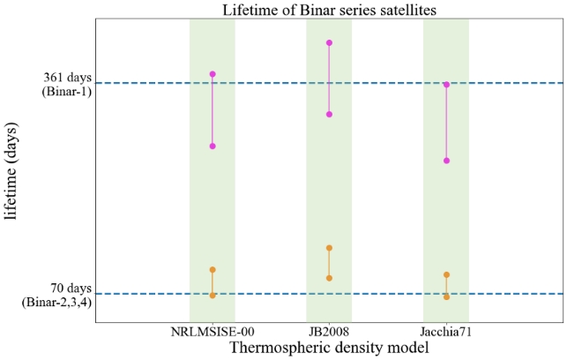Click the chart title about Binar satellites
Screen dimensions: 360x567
pos(329,11)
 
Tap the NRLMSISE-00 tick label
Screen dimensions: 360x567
pos(213,332)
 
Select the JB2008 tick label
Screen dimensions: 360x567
pos(329,332)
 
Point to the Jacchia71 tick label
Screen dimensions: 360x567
pos(446,332)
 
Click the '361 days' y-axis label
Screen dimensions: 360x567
pos(67,78)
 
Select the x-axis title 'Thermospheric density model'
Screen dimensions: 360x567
pos(329,348)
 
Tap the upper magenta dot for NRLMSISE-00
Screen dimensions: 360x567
pos(213,74)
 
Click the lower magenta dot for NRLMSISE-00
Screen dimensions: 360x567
pos(213,146)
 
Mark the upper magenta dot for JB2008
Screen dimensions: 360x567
pos(329,42)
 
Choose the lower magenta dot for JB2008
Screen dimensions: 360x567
pos(329,114)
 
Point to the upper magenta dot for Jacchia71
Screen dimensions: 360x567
pos(446,85)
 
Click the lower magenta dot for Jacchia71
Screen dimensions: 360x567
pos(446,161)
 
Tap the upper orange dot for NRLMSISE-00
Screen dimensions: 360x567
pos(213,269)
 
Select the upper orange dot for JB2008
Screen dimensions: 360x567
pos(329,248)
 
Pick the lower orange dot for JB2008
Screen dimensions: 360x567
pos(329,278)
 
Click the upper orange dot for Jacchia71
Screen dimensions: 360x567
pos(446,274)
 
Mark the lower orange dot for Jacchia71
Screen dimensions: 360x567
pos(446,296)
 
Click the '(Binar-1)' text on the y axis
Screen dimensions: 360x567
pos(67,92)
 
